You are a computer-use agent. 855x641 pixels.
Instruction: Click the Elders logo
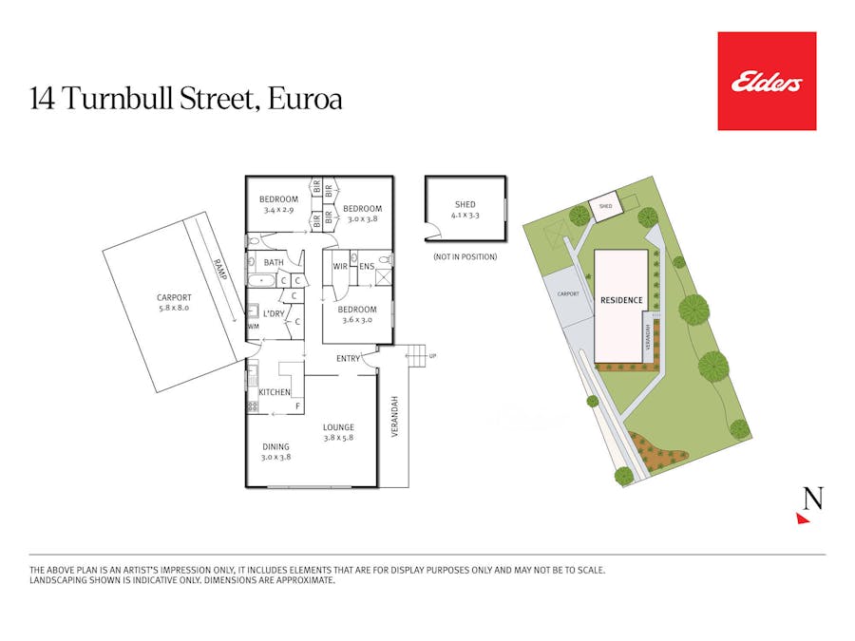pos(767,82)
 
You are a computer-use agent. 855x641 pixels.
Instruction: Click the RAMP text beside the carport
pos(220,273)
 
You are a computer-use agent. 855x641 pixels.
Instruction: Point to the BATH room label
pos(274,262)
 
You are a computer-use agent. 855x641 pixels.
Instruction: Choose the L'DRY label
pos(275,313)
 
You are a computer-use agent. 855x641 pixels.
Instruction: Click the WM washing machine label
pos(253,327)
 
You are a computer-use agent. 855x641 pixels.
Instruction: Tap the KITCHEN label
pos(275,392)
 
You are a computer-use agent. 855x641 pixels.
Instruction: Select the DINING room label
pos(275,446)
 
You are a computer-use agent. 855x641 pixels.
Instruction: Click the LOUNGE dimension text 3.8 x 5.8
pos(338,437)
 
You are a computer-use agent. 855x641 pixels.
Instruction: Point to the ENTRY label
pos(349,358)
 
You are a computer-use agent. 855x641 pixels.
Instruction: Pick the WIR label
pos(340,266)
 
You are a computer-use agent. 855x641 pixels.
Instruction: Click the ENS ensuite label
pos(367,266)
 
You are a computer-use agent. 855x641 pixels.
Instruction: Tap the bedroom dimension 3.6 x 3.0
pos(357,320)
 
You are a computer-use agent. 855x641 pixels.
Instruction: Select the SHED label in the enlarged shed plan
pos(465,204)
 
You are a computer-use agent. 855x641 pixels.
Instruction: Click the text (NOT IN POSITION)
pos(465,257)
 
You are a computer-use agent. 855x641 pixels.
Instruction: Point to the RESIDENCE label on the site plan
pos(621,300)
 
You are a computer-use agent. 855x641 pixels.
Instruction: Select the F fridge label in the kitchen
pos(297,406)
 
